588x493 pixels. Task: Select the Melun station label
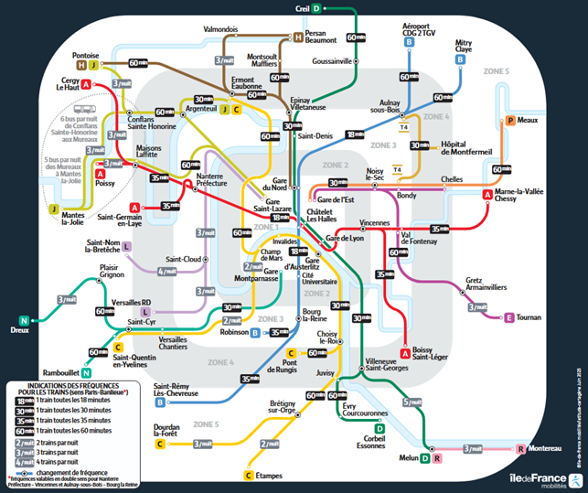[x=407, y=457]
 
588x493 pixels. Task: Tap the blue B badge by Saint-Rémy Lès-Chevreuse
[x=160, y=402]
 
